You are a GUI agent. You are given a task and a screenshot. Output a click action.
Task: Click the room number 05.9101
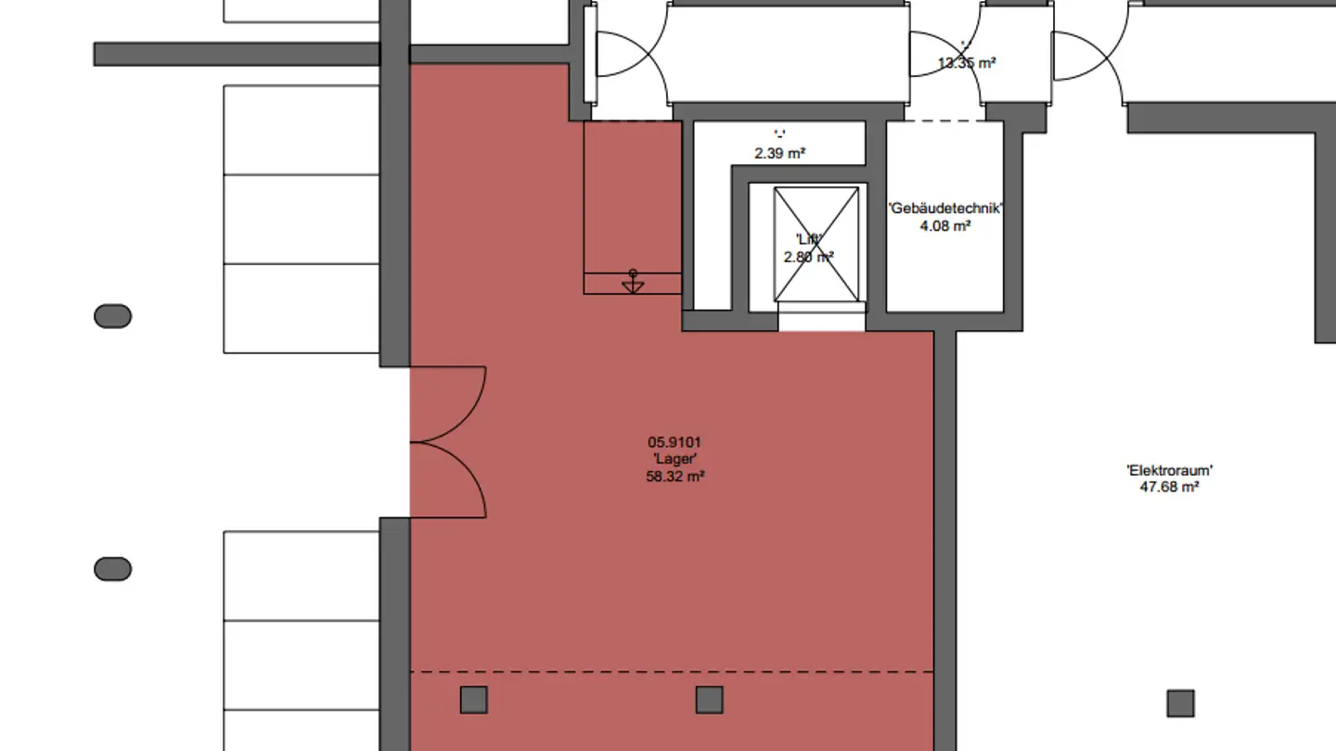pyautogui.click(x=674, y=443)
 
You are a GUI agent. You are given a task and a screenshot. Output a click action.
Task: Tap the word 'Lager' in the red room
pyautogui.click(x=674, y=460)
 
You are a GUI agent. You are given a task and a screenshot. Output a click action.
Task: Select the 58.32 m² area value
pyautogui.click(x=674, y=477)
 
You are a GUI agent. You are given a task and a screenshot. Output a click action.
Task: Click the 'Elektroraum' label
pyautogui.click(x=1169, y=470)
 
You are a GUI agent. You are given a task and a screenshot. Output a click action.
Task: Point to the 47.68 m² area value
pyautogui.click(x=1169, y=486)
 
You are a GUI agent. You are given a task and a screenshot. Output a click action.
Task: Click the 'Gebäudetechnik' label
pyautogui.click(x=945, y=209)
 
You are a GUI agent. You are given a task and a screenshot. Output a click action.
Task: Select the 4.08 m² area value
pyautogui.click(x=945, y=225)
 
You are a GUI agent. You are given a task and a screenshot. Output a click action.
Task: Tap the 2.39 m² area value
pyautogui.click(x=779, y=153)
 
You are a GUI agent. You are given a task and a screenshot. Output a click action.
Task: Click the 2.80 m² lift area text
pyautogui.click(x=807, y=258)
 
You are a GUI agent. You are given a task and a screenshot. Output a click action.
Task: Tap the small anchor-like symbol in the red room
pyautogui.click(x=633, y=282)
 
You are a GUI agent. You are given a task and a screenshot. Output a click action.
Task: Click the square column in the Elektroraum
pyautogui.click(x=1180, y=703)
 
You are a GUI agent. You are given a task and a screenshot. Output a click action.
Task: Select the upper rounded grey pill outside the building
pyautogui.click(x=112, y=316)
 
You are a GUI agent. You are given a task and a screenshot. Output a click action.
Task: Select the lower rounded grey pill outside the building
pyautogui.click(x=112, y=568)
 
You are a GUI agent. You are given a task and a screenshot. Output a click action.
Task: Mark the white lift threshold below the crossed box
pyautogui.click(x=821, y=321)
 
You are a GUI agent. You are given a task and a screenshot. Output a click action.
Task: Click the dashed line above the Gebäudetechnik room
pyautogui.click(x=944, y=121)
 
